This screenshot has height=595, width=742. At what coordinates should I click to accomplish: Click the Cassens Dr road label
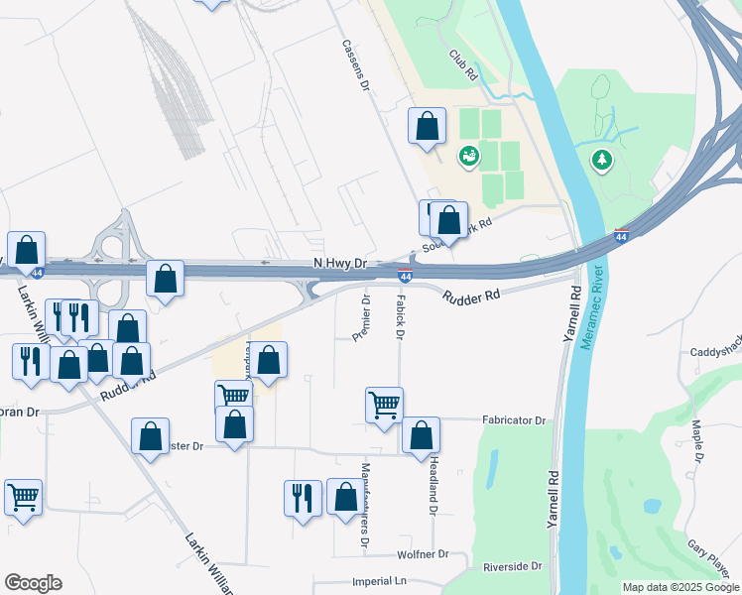click(x=354, y=67)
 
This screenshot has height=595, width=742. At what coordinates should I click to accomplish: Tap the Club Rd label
click(x=463, y=66)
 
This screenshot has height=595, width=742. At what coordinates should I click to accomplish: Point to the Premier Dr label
click(x=362, y=318)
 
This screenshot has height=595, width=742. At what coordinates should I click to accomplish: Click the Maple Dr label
click(x=697, y=441)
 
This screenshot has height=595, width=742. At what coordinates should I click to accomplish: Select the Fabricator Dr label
click(x=514, y=420)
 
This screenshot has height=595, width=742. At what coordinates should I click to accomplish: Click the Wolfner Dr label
click(x=423, y=554)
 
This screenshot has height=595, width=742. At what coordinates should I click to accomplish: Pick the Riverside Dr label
click(x=513, y=567)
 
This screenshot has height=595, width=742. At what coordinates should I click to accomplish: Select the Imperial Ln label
click(x=380, y=581)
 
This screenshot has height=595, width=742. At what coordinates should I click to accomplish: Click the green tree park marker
click(x=601, y=159)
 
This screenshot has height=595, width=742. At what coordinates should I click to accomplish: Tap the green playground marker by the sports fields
click(x=468, y=155)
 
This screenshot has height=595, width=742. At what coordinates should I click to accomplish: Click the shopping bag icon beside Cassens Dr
click(x=428, y=127)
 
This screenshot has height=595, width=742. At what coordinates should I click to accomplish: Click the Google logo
click(x=33, y=583)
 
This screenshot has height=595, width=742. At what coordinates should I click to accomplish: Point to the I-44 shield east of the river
click(x=621, y=235)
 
